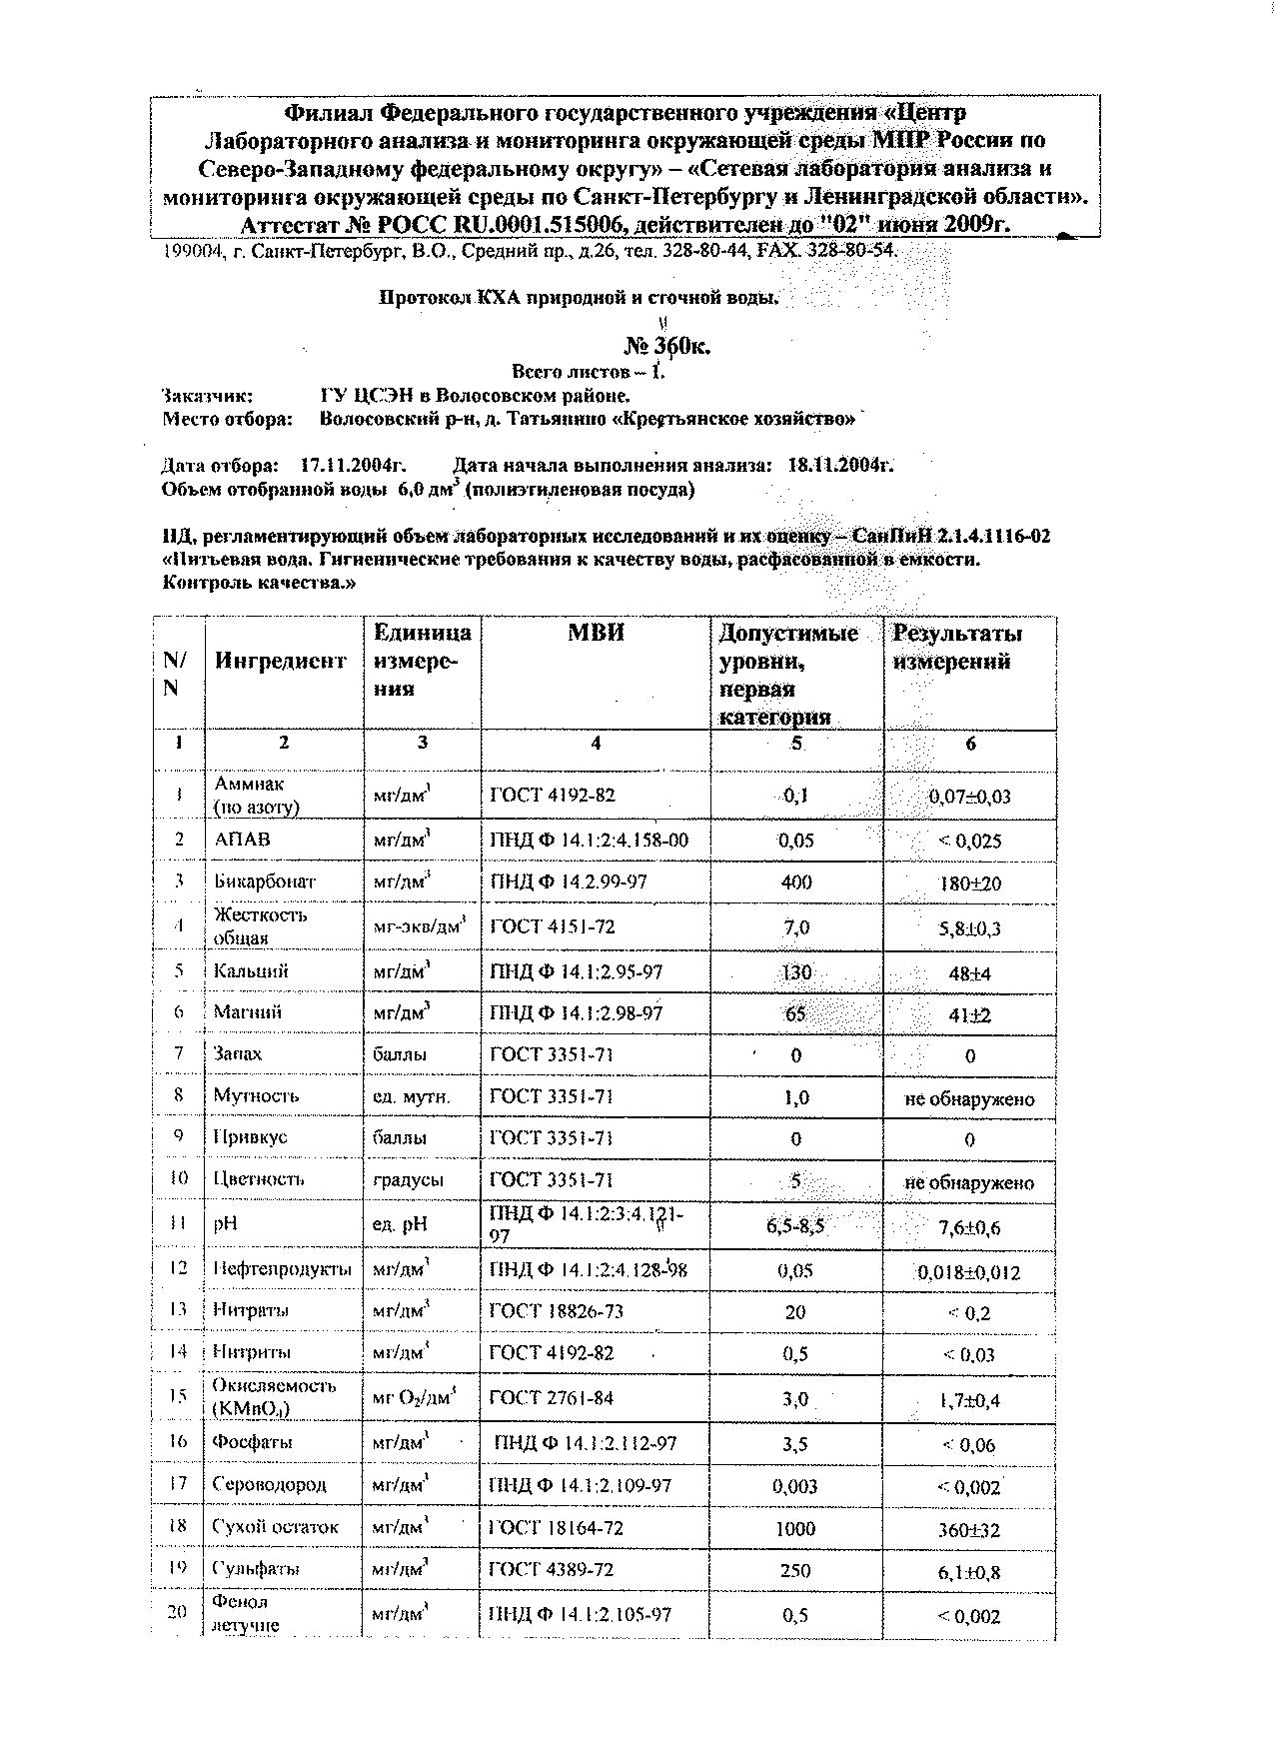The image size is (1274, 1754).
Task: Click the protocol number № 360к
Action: [666, 347]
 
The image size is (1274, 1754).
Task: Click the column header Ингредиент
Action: [280, 661]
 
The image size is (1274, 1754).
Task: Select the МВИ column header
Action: [596, 633]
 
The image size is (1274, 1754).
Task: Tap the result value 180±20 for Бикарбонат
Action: [969, 883]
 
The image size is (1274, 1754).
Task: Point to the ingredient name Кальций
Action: [251, 970]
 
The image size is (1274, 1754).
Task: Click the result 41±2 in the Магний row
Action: [969, 1015]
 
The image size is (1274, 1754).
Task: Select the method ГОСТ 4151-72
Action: [552, 926]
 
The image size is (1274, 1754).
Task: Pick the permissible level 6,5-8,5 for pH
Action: [795, 1225]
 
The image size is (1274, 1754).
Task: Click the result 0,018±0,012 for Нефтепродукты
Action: [968, 1272]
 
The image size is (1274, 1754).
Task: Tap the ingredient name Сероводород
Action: [269, 1484]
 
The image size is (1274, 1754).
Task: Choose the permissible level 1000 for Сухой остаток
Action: [795, 1528]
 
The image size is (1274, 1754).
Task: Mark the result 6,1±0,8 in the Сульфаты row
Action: [968, 1572]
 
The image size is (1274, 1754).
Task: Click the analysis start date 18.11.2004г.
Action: [840, 465]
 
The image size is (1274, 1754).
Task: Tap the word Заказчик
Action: [207, 396]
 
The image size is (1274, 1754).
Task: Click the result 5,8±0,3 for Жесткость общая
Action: [968, 928]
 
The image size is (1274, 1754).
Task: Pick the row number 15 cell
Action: [178, 1396]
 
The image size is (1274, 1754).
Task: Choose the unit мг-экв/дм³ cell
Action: [421, 926]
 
